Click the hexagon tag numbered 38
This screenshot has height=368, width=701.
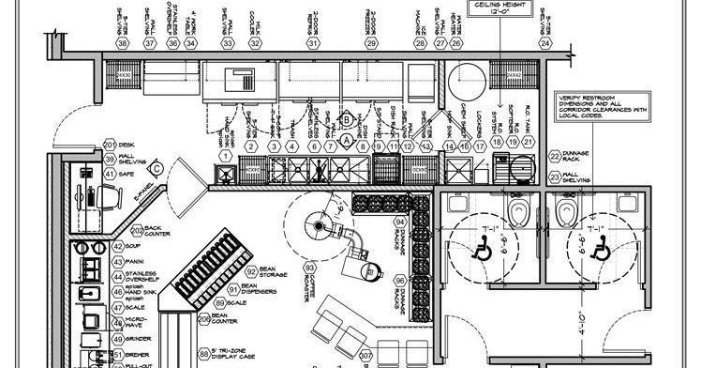pyautogui.click(x=122, y=43)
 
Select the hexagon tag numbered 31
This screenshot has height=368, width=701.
pyautogui.click(x=313, y=43)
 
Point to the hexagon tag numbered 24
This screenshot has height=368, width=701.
pyautogui.click(x=544, y=43)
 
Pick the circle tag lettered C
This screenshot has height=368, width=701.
pyautogui.click(x=158, y=168)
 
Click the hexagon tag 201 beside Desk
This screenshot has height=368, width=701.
pyautogui.click(x=110, y=146)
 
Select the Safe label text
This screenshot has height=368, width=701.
pyautogui.click(x=137, y=174)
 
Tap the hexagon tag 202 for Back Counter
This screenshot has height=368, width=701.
pyautogui.click(x=137, y=228)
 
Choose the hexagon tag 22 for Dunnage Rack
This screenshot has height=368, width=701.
pyautogui.click(x=555, y=156)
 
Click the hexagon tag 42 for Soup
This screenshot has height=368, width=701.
pyautogui.click(x=119, y=246)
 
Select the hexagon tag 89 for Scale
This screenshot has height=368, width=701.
pyautogui.click(x=220, y=303)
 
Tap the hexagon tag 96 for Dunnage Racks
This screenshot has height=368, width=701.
pyautogui.click(x=399, y=280)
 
